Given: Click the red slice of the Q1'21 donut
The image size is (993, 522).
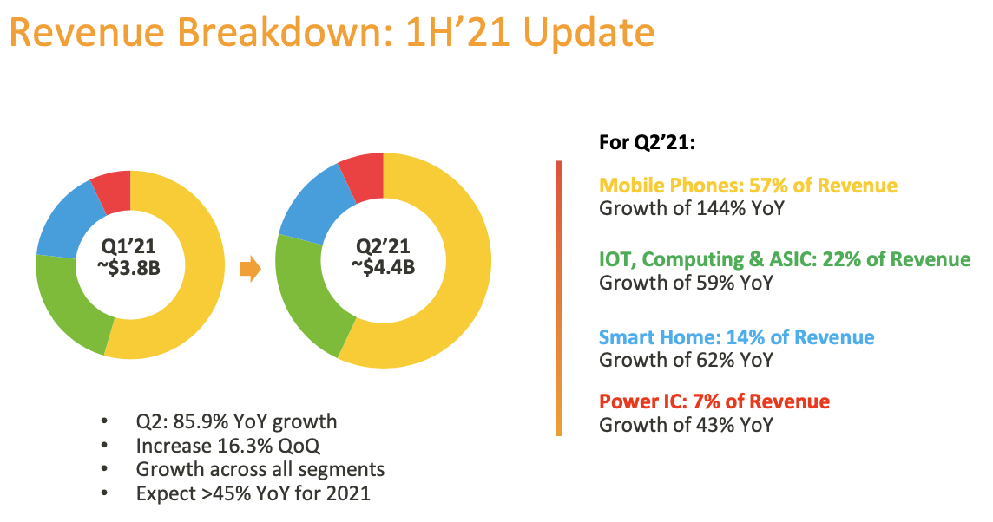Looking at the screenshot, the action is point(114,191).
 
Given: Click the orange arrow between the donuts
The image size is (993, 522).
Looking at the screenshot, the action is point(250,269).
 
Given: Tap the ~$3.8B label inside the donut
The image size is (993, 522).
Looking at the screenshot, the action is point(129,268).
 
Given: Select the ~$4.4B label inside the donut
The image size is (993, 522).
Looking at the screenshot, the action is point(383,267).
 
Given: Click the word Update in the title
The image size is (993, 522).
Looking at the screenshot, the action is point(589,33).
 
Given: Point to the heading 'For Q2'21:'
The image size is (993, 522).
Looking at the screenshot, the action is point(647,142).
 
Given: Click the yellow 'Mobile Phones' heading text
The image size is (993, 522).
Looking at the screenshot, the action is point(671,186).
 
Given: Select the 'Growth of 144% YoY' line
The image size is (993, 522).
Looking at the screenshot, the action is point(692,208).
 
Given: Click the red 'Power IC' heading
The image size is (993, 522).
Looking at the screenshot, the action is point(643,401).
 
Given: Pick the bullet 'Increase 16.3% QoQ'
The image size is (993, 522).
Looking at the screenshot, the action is point(228,446).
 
